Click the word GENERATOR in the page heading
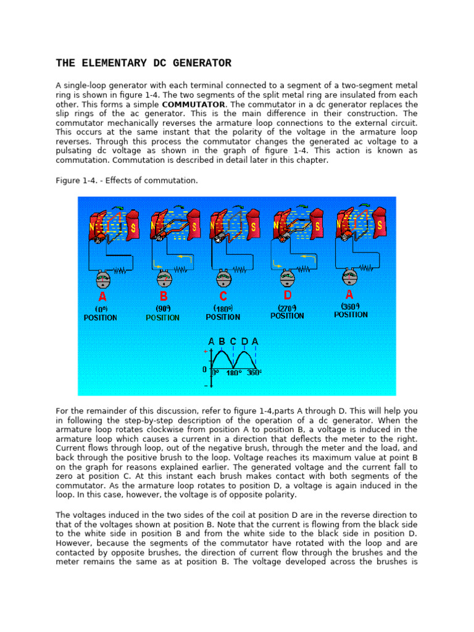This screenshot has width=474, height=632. point(197,63)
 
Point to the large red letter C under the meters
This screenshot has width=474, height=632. point(223,296)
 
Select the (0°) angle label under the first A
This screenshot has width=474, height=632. point(101,309)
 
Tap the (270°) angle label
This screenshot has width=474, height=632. point(287,307)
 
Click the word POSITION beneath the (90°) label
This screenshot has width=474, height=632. point(163,318)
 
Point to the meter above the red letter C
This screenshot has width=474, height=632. point(223,279)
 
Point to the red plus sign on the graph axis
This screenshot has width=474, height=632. point(205,351)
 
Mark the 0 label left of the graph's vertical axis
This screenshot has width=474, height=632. point(204,370)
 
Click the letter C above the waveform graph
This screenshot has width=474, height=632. point(233,341)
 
